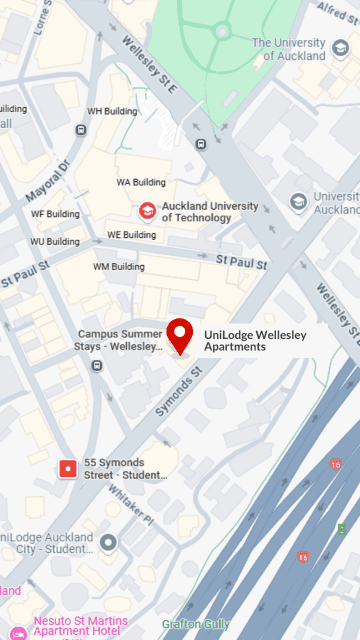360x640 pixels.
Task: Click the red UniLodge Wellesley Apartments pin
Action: (x=180, y=335)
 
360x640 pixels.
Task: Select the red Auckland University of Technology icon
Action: (x=147, y=211)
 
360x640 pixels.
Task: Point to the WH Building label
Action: (x=109, y=111)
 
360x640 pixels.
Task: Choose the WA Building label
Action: (x=141, y=182)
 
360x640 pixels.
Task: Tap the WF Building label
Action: (x=55, y=214)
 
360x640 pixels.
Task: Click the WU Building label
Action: (x=54, y=241)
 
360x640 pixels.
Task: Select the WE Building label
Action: (x=132, y=235)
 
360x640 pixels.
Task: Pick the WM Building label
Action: (x=119, y=267)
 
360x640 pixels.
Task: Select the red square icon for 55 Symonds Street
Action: (x=68, y=467)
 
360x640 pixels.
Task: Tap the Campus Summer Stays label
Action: (x=120, y=340)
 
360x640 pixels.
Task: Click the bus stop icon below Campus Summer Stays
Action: (x=96, y=365)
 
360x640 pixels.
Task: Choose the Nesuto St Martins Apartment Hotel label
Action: (x=79, y=625)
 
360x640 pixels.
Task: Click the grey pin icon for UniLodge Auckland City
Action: (x=108, y=542)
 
